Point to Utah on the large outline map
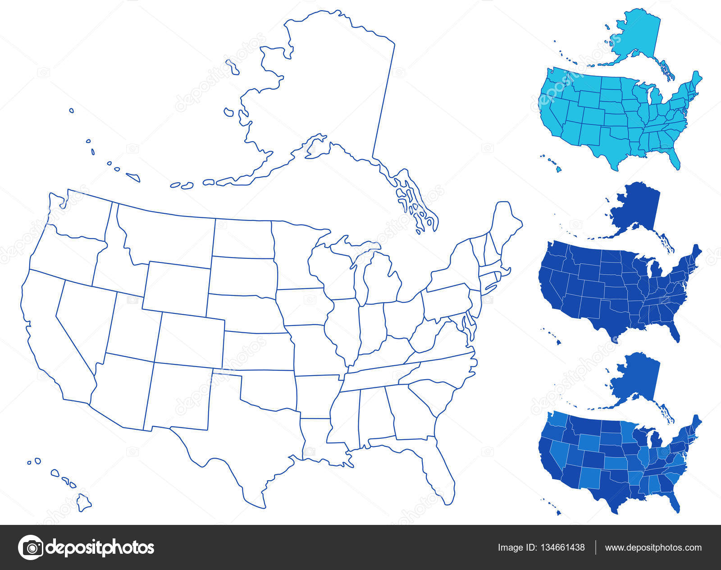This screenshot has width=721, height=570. tap(133, 327)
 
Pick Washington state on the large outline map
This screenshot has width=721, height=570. tap(81, 216)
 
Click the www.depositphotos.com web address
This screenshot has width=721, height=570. tap(653, 547)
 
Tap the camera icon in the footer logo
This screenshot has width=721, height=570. tap(31, 547)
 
